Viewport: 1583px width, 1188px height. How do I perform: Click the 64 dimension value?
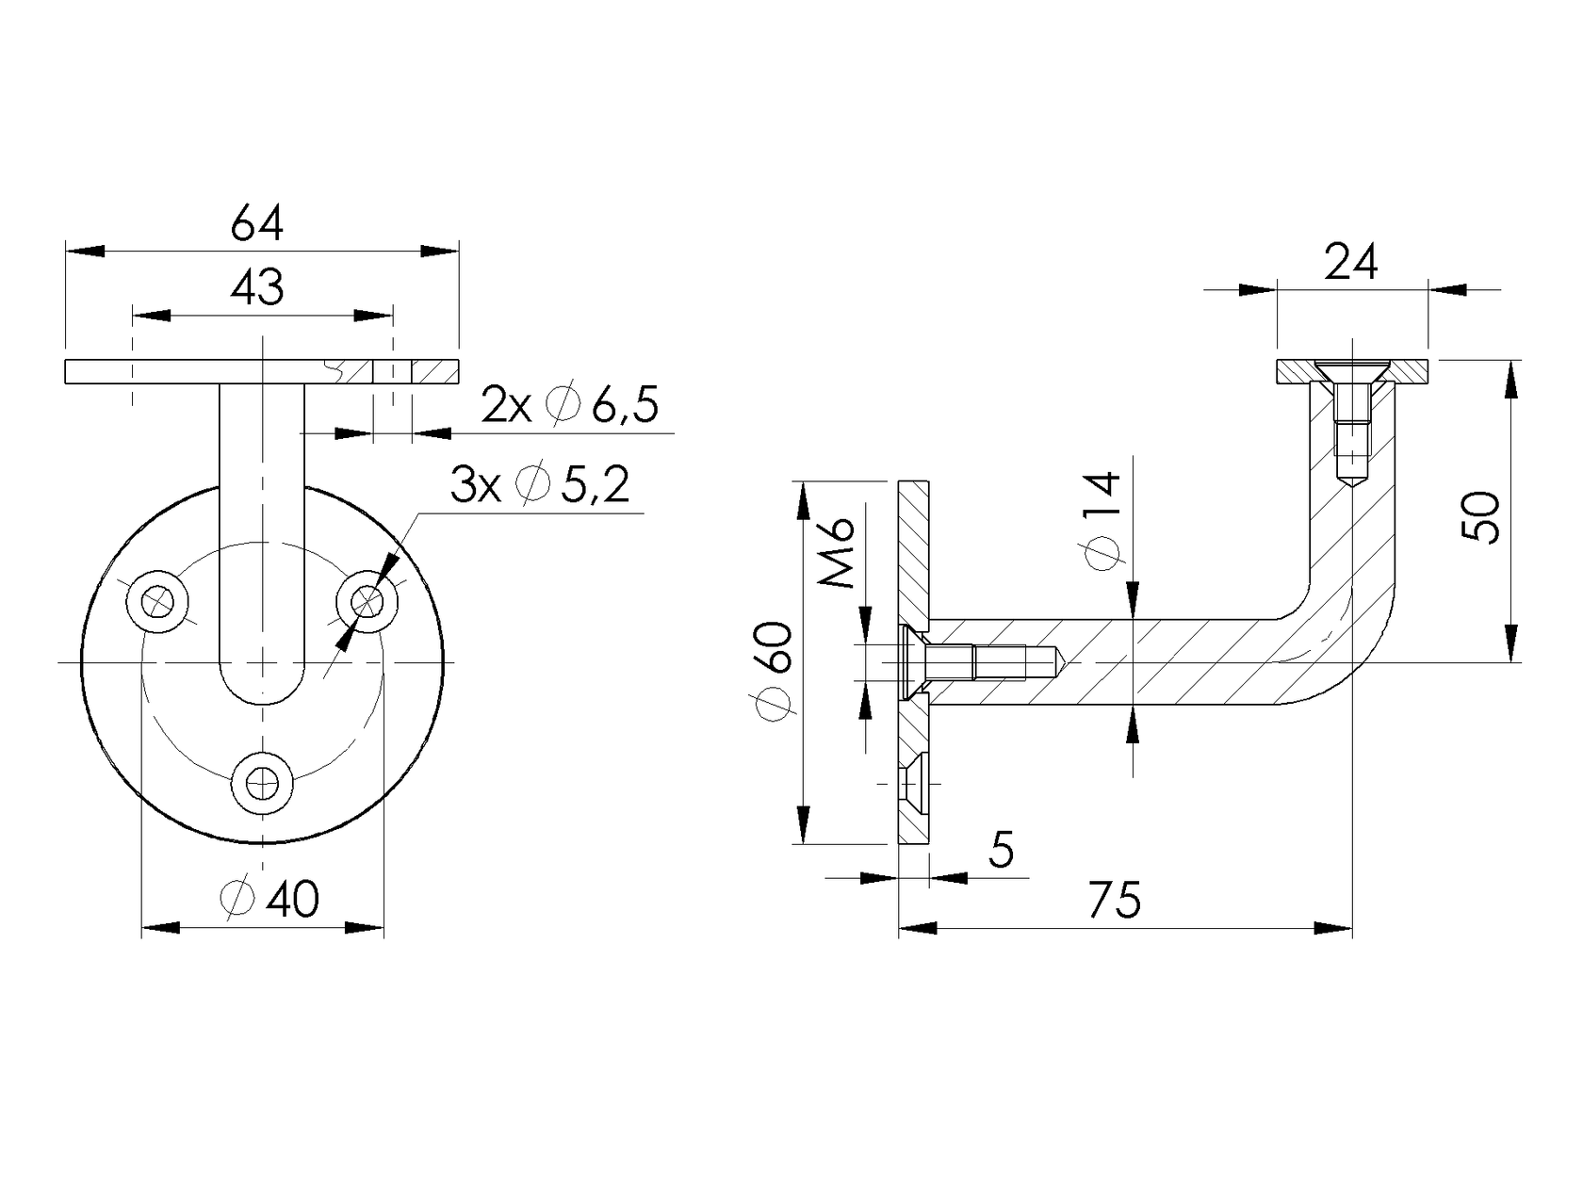pos(257,224)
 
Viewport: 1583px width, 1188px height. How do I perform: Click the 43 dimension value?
pos(257,287)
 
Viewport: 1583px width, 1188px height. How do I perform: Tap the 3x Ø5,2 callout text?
pos(540,486)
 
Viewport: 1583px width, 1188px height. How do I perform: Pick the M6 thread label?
pos(837,553)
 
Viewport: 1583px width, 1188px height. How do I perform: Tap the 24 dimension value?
pos(1350,263)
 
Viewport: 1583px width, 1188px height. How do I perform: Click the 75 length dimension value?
pos(1115,900)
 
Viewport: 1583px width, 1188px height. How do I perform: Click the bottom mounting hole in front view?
pos(263,782)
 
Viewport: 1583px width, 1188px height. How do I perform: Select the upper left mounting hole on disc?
pos(159,600)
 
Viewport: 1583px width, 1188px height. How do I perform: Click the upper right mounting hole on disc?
pos(367,600)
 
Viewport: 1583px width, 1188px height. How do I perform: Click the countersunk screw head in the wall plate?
pos(912,663)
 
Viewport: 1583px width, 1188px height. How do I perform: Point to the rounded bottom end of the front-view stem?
pos(263,683)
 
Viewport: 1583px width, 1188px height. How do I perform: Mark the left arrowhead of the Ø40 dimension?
pos(160,928)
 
